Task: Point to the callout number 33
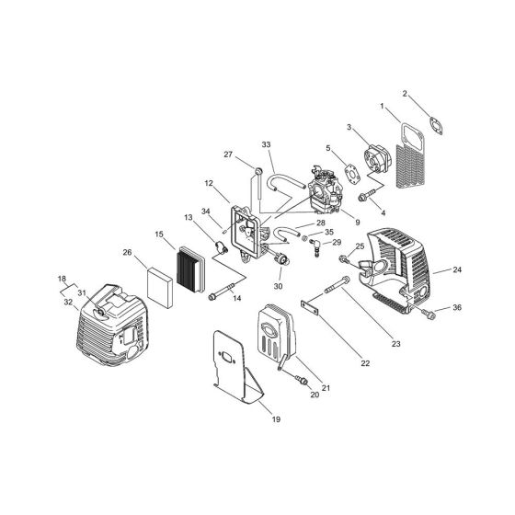click(267, 144)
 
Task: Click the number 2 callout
click(406, 93)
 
